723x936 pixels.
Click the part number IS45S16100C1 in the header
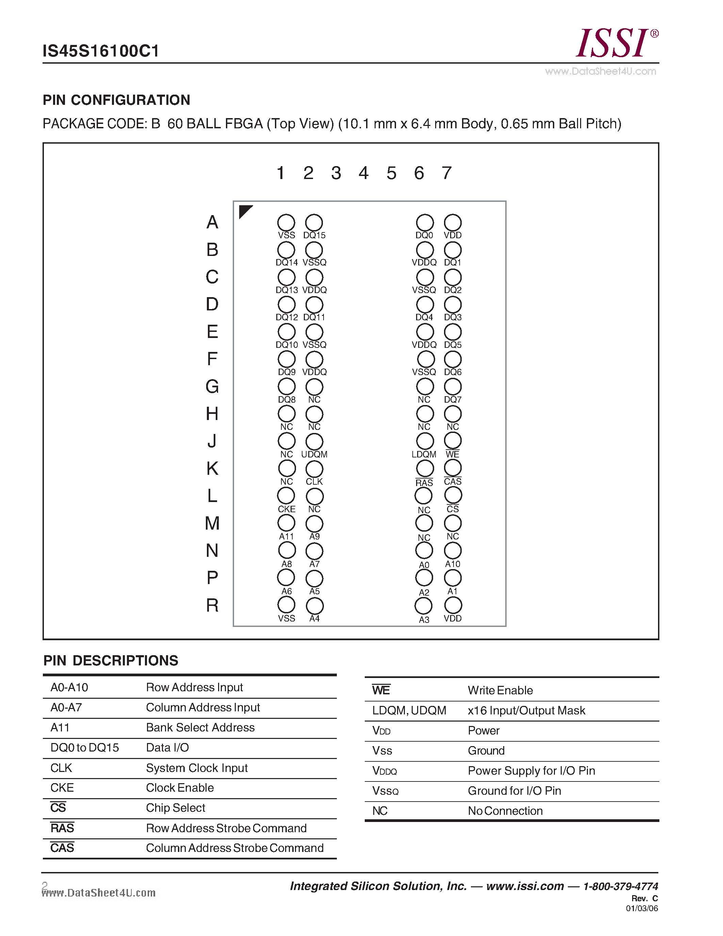(x=101, y=51)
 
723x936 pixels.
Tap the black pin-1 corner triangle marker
(x=245, y=211)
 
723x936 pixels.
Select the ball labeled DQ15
(x=314, y=223)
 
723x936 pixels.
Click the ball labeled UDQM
(x=314, y=442)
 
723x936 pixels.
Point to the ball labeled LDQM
(x=425, y=441)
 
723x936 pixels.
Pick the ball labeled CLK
(x=314, y=469)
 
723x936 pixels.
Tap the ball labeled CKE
(x=286, y=496)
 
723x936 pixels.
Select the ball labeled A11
(x=286, y=523)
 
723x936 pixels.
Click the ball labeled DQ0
(x=425, y=223)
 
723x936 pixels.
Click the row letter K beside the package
(x=212, y=468)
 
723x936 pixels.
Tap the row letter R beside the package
(x=212, y=605)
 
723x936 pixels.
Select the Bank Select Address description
(x=200, y=727)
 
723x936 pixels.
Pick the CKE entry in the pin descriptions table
(x=62, y=788)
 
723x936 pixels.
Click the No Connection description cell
(x=505, y=811)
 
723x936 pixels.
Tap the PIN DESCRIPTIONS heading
(x=111, y=660)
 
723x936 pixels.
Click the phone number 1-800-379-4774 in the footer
(x=620, y=886)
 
